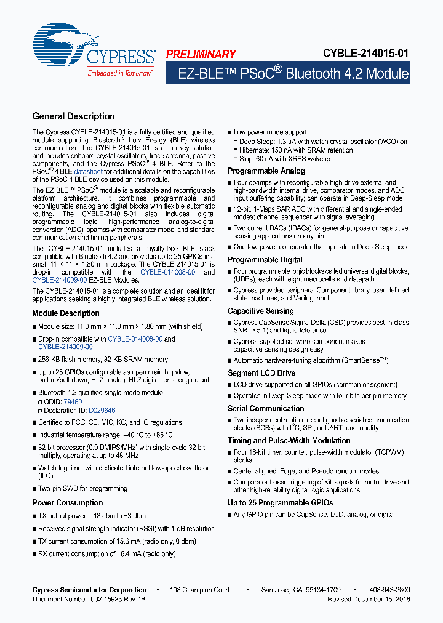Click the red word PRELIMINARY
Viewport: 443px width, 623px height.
tap(201, 54)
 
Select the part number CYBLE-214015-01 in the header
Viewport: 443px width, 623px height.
tap(365, 54)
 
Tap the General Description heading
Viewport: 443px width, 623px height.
tap(73, 116)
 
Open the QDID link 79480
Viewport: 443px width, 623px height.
tap(73, 401)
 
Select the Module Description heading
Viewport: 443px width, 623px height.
tap(66, 313)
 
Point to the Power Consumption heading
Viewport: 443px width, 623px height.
tap(68, 502)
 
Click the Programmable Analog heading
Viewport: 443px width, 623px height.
tap(266, 171)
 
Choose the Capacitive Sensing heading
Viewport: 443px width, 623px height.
tap(261, 311)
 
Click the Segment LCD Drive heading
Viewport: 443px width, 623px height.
tap(261, 373)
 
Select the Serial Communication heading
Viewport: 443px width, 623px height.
tap(266, 408)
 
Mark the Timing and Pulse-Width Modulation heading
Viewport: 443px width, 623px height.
tap(289, 441)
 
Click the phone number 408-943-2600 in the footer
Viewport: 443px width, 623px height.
tap(389, 590)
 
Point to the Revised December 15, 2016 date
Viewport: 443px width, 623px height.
tap(369, 598)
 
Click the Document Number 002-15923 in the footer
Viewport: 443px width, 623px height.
tap(86, 598)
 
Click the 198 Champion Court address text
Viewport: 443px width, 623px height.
tap(200, 590)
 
